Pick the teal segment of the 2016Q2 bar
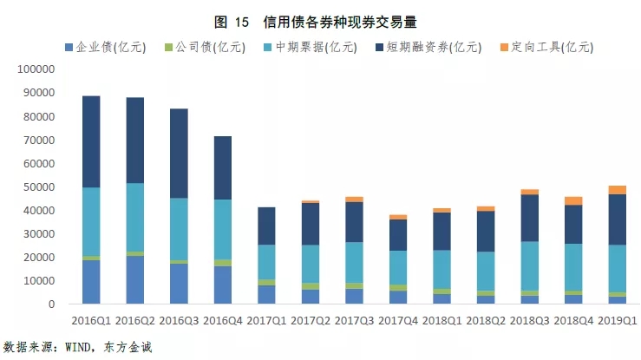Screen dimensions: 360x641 click(x=147, y=217)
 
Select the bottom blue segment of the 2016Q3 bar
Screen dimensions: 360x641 click(x=190, y=284)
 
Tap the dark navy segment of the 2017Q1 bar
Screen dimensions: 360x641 click(x=278, y=226)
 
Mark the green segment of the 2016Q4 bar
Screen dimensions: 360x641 click(x=234, y=263)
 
